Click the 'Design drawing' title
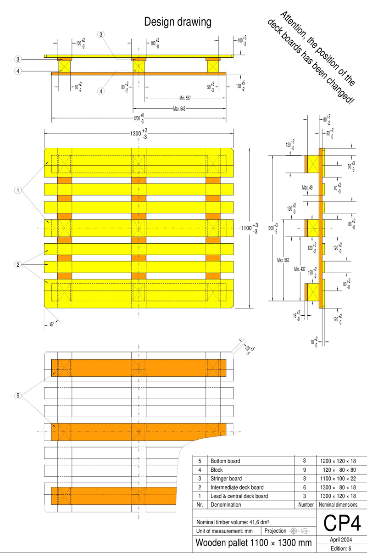point(178,22)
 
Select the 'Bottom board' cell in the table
point(225,461)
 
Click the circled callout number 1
point(17,190)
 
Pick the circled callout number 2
point(17,265)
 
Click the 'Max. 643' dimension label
point(182,109)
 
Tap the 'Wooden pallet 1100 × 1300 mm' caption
point(254,543)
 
